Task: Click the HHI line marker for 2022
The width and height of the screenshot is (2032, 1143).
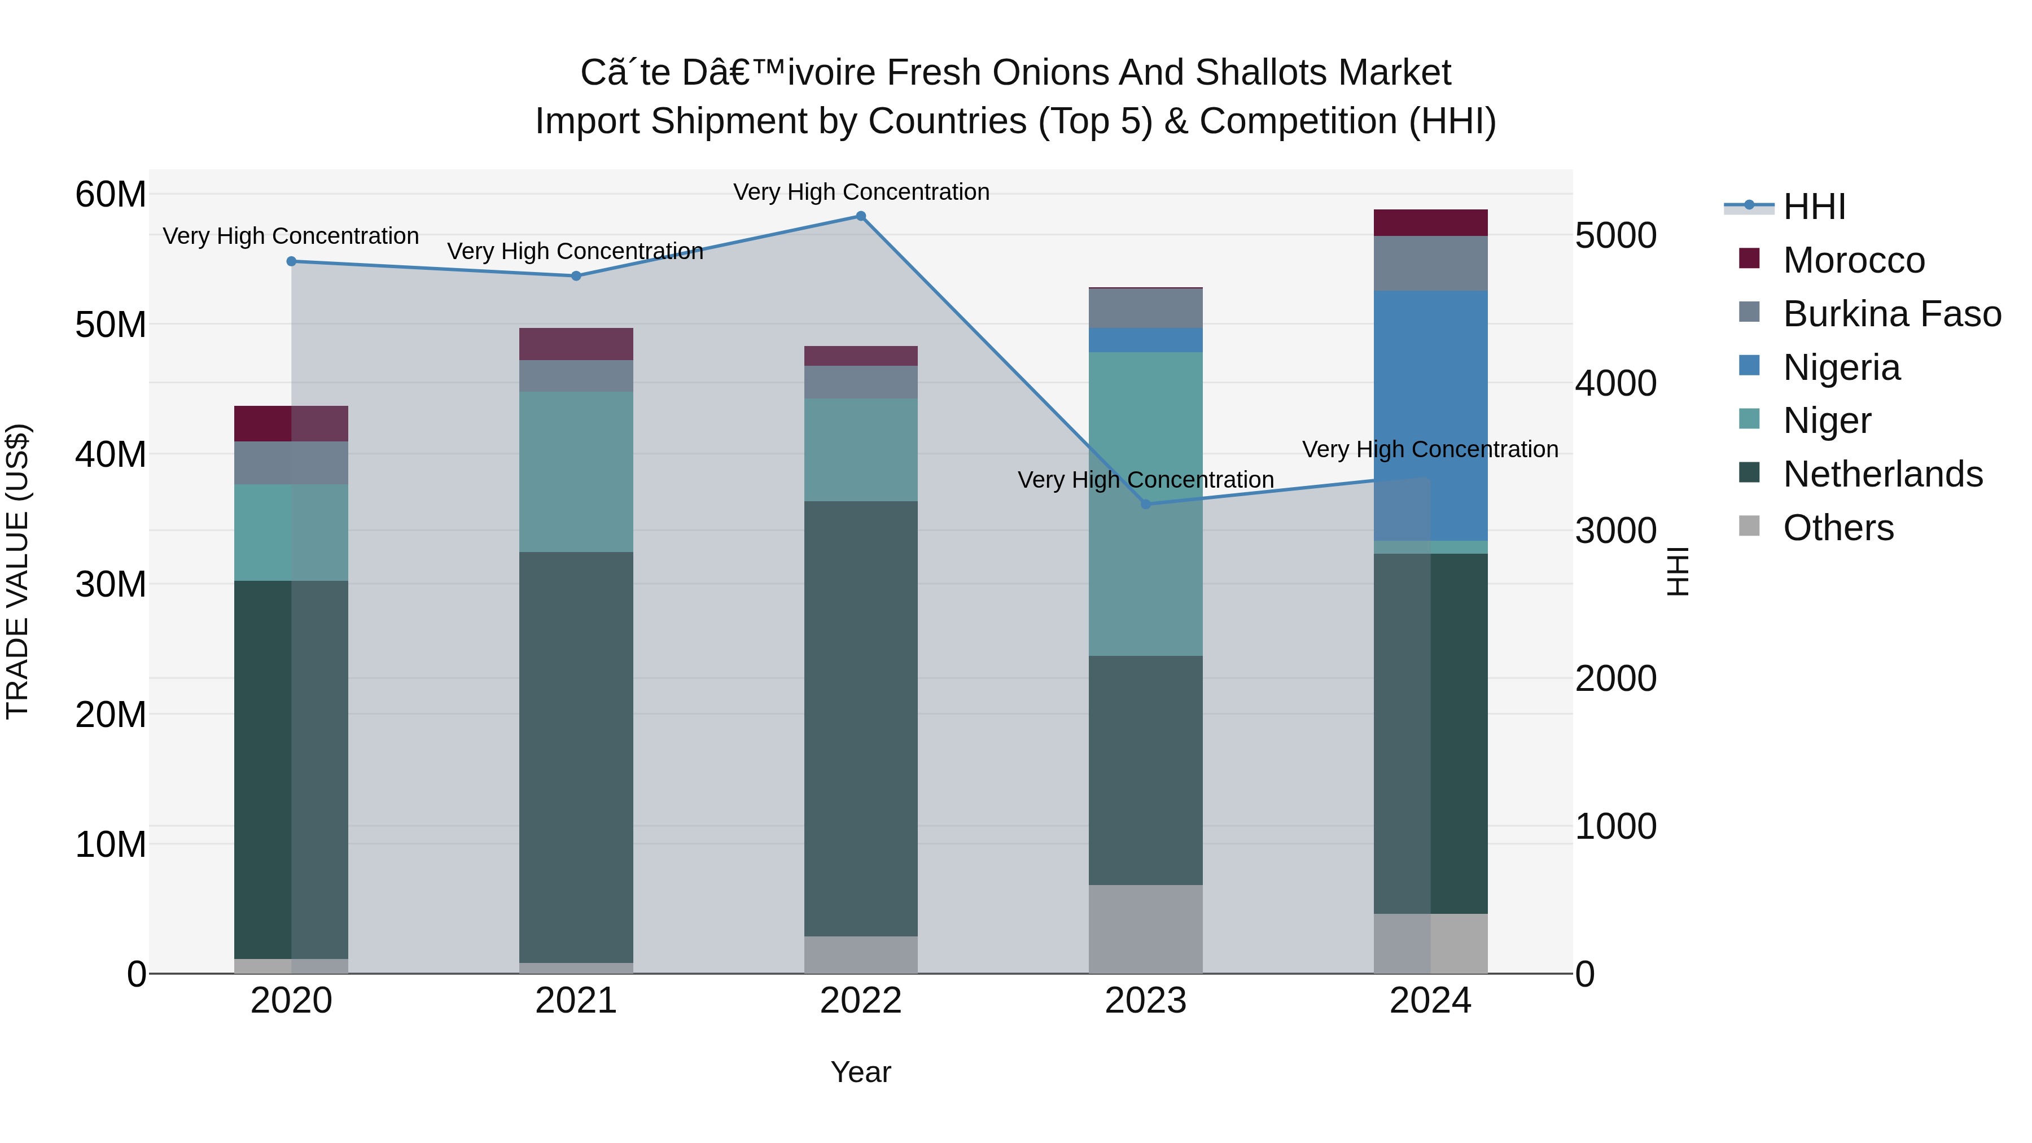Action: (861, 216)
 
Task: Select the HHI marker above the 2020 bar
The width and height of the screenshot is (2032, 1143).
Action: (291, 261)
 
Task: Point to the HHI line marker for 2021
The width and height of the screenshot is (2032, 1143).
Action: (576, 276)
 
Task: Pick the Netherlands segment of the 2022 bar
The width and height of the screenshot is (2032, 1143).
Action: (861, 718)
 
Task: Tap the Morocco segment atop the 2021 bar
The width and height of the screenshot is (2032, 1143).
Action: (576, 344)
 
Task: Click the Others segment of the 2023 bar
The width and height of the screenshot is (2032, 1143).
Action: (1145, 929)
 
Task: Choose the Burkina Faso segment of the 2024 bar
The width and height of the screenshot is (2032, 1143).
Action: (1430, 264)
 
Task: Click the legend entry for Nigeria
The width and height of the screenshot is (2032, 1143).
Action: (1841, 367)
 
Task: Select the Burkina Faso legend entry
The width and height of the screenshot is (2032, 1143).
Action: (1891, 314)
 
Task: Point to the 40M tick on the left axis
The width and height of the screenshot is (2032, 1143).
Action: (111, 455)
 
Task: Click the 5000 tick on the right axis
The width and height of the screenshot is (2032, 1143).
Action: (1615, 236)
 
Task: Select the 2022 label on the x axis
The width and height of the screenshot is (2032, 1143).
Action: (861, 1001)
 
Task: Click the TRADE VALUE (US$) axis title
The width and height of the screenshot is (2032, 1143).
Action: (18, 571)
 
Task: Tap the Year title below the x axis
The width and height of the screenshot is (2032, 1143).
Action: (861, 1072)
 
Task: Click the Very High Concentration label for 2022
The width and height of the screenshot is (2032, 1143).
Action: (861, 192)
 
